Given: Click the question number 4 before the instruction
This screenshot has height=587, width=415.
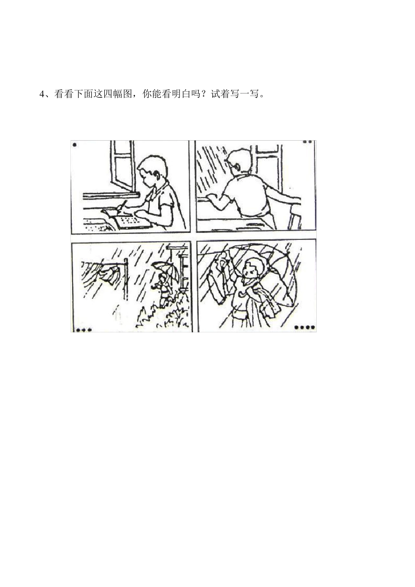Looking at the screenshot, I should [42, 94].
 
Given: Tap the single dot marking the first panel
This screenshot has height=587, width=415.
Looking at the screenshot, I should [75, 145].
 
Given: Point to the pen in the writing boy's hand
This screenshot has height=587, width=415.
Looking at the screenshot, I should [123, 205].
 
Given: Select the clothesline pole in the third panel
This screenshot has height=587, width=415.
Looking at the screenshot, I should [126, 280].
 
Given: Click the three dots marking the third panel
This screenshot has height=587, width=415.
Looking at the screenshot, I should [83, 330].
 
